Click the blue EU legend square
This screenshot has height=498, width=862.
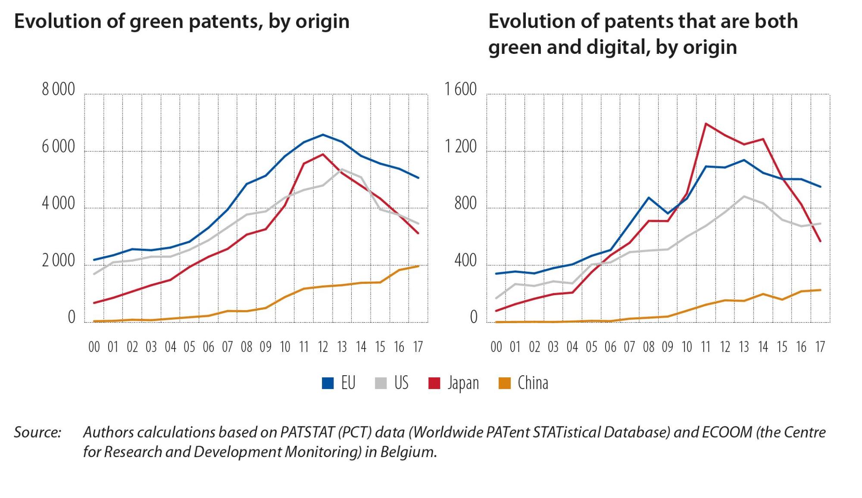328,383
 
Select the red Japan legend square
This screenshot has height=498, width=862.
434,383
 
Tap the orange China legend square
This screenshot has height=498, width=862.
504,383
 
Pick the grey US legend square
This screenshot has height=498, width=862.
381,383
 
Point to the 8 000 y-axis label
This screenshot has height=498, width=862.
58,90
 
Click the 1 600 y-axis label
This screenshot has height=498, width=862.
460,90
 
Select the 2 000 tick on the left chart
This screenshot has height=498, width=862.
58,261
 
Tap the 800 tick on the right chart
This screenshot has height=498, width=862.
465,204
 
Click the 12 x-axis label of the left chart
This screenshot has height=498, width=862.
323,347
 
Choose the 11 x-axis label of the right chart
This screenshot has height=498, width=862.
706,347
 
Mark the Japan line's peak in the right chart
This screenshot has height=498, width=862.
706,124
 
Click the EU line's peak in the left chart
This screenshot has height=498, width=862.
323,134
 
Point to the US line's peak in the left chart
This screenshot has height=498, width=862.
342,169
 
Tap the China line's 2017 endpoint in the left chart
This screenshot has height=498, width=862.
419,266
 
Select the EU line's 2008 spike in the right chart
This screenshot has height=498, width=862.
649,198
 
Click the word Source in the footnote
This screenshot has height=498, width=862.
37,432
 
